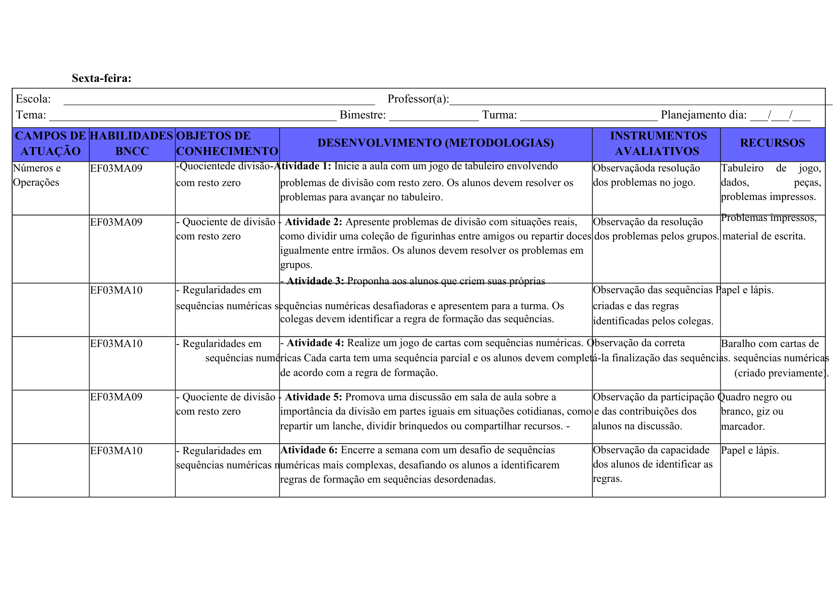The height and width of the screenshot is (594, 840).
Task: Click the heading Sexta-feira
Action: [101, 78]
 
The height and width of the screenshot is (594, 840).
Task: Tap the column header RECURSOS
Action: [772, 143]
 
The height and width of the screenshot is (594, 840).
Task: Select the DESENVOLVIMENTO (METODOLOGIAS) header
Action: [436, 143]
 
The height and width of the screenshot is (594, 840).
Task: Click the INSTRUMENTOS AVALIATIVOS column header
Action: [658, 143]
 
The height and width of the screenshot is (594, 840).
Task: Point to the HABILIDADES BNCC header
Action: [131, 143]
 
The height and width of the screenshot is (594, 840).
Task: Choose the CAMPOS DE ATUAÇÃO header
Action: [50, 143]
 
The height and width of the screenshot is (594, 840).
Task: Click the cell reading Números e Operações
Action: [37, 175]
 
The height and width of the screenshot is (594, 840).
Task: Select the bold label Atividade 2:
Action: [313, 222]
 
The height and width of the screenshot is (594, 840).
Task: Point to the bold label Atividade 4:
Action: [315, 343]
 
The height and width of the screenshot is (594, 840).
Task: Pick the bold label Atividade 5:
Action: [313, 397]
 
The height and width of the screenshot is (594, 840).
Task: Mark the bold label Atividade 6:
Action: [309, 450]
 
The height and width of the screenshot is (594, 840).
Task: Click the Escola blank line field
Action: [218, 100]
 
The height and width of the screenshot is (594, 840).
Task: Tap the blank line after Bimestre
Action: [433, 116]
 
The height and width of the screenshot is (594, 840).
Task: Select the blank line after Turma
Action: [588, 116]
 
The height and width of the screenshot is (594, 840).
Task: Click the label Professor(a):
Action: [418, 99]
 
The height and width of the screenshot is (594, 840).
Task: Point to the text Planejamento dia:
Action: [703, 115]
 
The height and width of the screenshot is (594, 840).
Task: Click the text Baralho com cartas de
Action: [770, 344]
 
